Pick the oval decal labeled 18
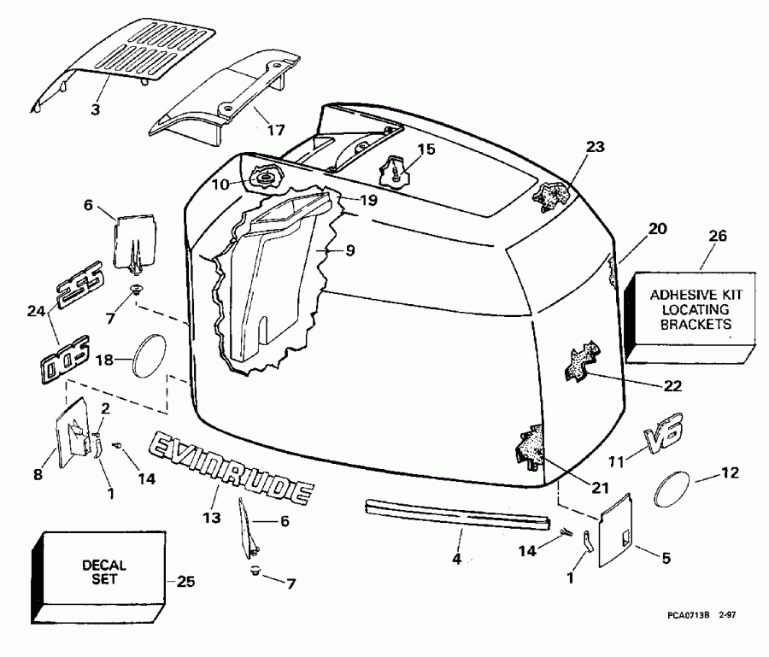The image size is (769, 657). [x=151, y=355]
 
